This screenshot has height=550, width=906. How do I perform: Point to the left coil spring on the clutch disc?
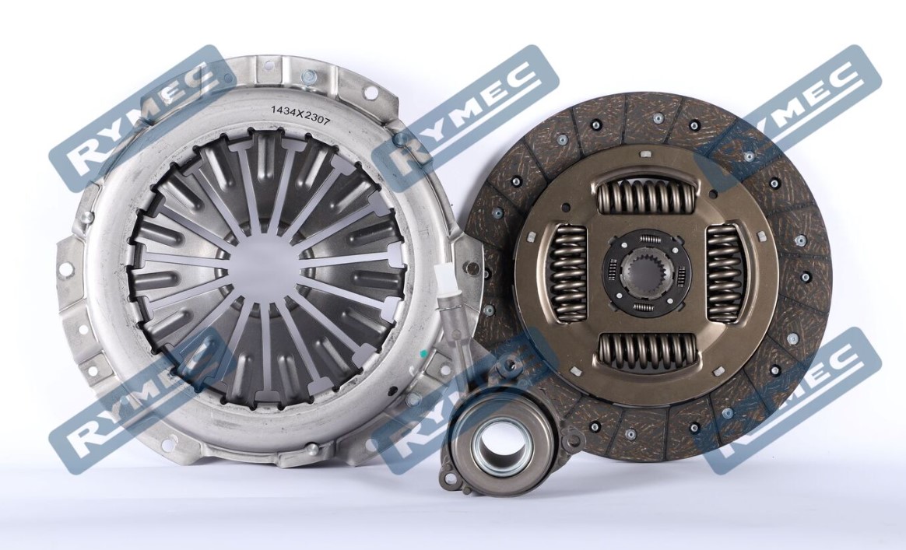(x=567, y=272)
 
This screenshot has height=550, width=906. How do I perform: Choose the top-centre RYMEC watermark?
(x=465, y=117)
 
